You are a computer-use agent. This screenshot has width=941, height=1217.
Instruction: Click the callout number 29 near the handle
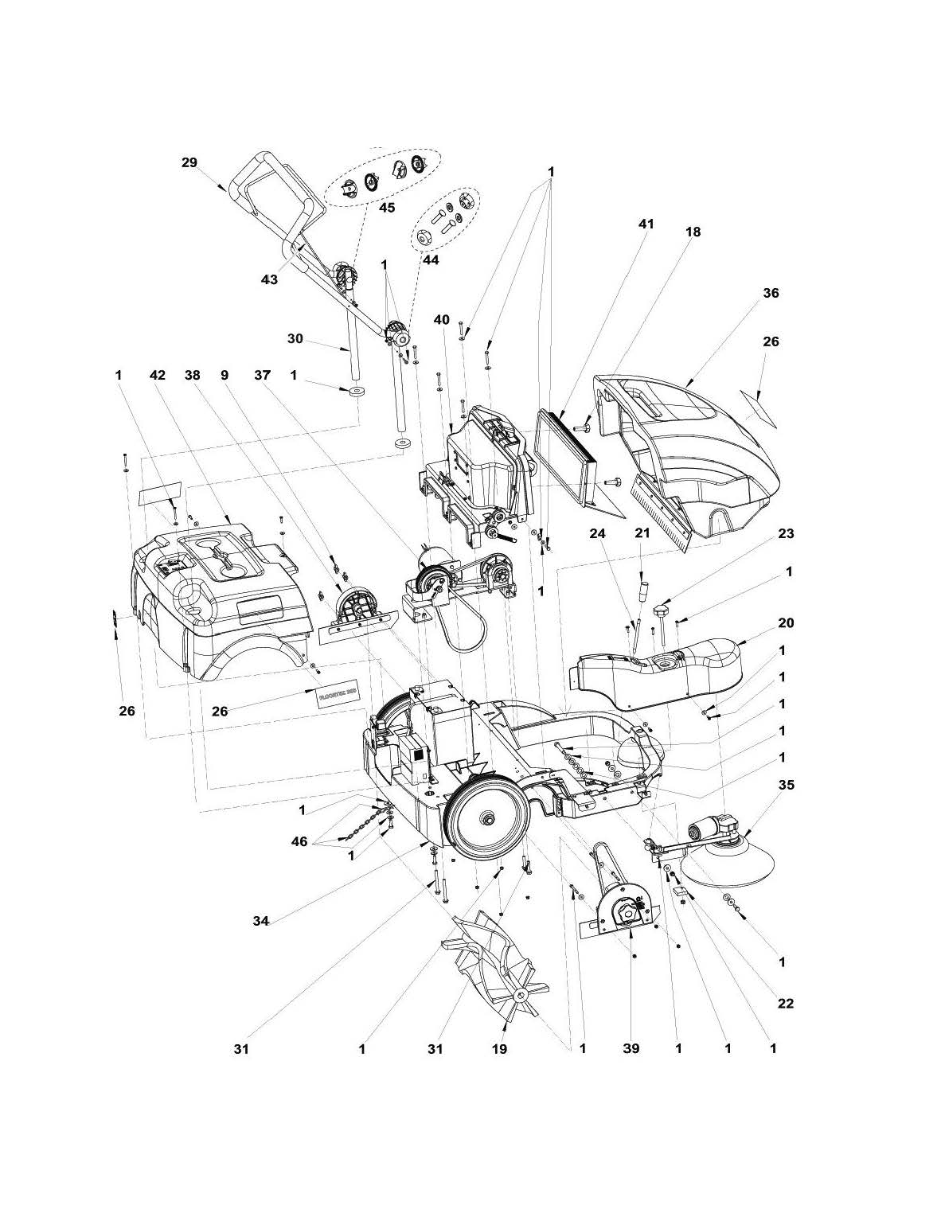point(189,162)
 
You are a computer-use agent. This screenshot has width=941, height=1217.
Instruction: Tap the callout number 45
point(386,207)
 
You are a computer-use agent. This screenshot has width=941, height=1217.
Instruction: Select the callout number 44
point(431,259)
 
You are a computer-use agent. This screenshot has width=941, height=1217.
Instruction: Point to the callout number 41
point(646,224)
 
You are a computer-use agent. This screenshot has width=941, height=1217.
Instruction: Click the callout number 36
point(771,293)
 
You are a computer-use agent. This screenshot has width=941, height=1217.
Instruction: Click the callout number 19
point(499,1049)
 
